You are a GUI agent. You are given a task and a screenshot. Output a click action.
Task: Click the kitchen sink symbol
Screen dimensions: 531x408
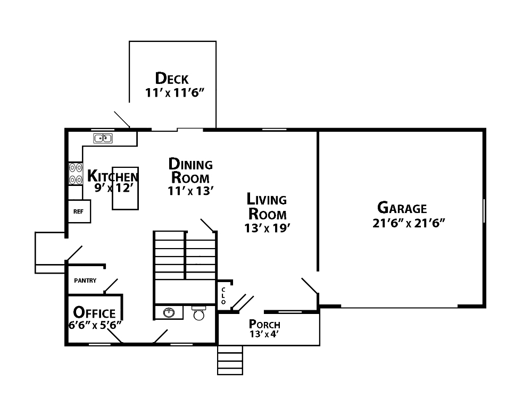[103, 138]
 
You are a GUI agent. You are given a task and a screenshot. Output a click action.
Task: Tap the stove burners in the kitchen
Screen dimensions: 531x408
[76, 173]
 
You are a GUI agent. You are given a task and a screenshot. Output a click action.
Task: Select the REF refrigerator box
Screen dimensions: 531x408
[79, 211]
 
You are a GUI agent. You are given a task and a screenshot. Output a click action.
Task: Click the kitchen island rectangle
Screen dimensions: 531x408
[125, 188]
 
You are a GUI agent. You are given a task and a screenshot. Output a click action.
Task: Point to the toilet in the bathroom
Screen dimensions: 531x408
[199, 313]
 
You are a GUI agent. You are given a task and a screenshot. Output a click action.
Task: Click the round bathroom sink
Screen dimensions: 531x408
[168, 313]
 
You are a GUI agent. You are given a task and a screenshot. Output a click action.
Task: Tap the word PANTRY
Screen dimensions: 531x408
[85, 280]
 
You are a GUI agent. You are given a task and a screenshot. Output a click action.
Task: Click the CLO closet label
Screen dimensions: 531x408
[223, 296]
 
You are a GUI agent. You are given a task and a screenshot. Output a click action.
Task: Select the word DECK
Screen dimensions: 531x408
[172, 79]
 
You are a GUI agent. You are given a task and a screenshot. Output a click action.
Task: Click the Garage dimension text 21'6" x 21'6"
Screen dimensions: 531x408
[409, 223]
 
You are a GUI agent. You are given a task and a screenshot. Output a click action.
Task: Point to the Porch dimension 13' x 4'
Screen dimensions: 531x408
[264, 334]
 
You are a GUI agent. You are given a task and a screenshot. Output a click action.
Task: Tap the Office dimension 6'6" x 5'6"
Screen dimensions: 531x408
[95, 325]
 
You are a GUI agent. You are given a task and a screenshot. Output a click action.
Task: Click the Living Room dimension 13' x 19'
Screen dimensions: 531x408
[267, 228]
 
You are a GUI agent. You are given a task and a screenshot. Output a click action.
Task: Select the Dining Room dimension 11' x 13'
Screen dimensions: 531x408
[190, 191]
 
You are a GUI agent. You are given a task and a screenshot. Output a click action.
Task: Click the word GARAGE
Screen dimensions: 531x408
[402, 208]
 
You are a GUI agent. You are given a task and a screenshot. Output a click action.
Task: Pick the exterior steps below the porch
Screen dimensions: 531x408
[230, 360]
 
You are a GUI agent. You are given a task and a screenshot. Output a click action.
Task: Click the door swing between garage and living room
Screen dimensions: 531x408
[310, 286]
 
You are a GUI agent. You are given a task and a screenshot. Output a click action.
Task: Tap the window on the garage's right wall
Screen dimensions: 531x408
[484, 210]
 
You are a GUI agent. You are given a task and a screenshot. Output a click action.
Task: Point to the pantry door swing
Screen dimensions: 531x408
[111, 286]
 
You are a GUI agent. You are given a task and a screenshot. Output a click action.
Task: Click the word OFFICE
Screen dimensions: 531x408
[95, 313]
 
